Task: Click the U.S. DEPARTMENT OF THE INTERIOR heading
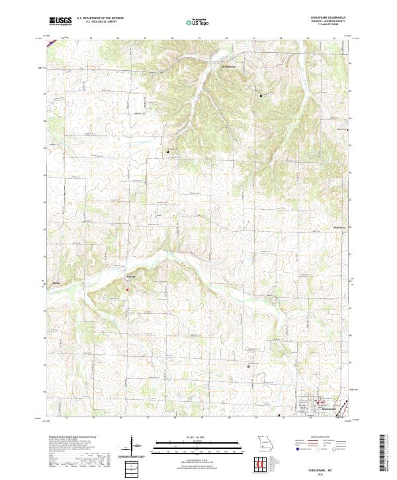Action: (x=100, y=19)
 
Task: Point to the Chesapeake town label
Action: (x=228, y=66)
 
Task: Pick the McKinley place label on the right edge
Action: (x=341, y=226)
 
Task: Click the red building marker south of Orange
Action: (x=127, y=289)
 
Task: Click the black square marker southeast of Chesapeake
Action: (x=261, y=96)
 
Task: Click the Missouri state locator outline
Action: (x=265, y=442)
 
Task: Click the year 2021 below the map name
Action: (x=328, y=467)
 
